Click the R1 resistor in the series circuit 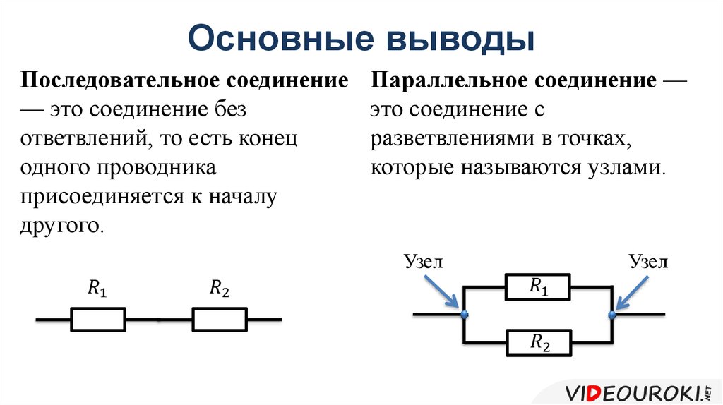click(x=98, y=319)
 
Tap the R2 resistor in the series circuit click(x=220, y=319)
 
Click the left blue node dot click(x=464, y=315)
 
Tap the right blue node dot click(x=612, y=315)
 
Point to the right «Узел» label click(x=647, y=262)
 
